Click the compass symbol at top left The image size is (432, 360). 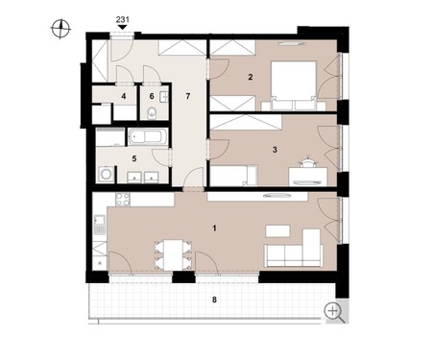60,29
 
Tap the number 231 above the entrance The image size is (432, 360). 123,20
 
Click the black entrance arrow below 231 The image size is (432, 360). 122,28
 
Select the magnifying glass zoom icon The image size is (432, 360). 334,312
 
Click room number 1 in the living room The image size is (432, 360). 214,228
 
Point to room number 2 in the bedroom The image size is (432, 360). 251,77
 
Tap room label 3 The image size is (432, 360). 275,150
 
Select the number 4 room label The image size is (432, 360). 124,96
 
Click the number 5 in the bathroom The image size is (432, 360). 134,158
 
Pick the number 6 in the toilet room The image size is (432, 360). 152,96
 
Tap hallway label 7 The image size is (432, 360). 188,96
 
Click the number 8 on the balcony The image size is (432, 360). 214,300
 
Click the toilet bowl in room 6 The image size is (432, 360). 152,113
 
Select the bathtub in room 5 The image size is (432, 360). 148,137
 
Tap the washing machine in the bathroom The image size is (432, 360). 106,174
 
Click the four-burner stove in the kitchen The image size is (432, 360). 123,200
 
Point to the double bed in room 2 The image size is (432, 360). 294,85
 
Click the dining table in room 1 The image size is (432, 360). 173,255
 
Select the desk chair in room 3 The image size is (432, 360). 308,162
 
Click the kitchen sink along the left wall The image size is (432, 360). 100,220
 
